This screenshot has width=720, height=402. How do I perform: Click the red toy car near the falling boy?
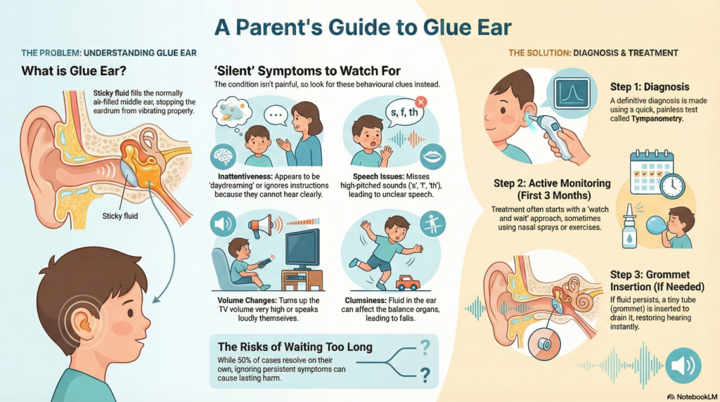click(408, 283)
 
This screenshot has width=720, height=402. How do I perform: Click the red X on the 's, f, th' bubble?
click(420, 103)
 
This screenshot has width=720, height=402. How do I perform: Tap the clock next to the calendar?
click(671, 186)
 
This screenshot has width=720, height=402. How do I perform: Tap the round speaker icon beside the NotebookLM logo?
click(681, 365)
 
